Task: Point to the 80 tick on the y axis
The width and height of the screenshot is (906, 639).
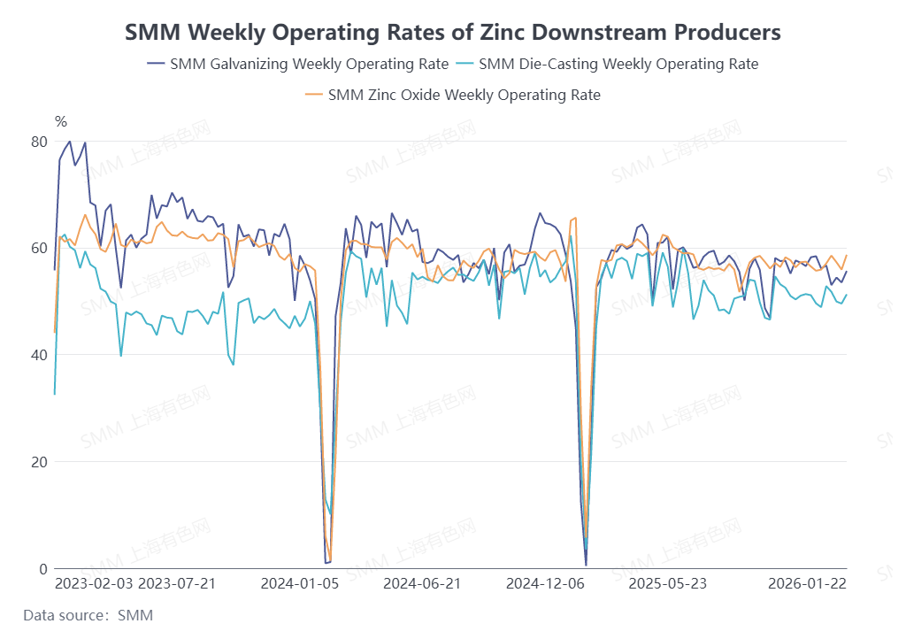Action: coord(38,142)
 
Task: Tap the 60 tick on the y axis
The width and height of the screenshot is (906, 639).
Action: coord(38,248)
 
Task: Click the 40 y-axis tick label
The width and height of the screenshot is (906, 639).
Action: coord(38,355)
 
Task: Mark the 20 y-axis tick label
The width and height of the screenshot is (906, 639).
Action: coord(38,462)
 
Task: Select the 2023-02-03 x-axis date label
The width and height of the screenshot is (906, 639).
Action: coord(95,584)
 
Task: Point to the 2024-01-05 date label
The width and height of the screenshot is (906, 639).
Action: coord(300,584)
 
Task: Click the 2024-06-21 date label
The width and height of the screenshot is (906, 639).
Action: coord(422,584)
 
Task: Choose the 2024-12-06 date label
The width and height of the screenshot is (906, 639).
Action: coord(545,584)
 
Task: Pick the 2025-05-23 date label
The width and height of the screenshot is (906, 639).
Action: coord(667,584)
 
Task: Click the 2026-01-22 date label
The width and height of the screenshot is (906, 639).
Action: coord(806,584)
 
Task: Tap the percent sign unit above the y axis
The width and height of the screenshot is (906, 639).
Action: coord(60,121)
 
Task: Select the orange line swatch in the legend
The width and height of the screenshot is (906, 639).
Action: coord(313,95)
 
